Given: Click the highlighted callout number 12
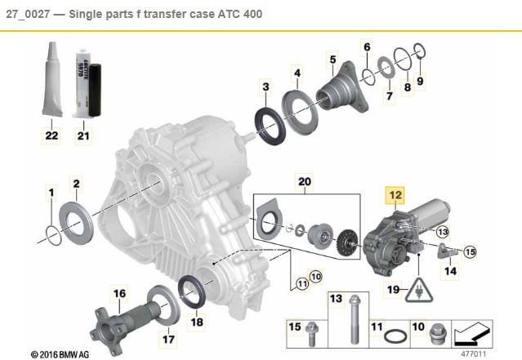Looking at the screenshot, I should coord(395,195).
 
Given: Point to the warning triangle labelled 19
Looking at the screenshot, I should coord(419,289).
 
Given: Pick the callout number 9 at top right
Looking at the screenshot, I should coord(421,81).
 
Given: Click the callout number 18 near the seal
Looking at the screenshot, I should coord(196,322).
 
